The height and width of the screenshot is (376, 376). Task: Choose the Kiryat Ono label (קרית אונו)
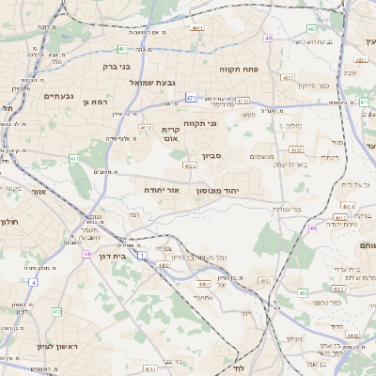point(170,133)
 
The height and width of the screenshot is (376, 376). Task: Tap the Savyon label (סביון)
point(211,157)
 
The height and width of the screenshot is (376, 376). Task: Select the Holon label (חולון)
point(9,222)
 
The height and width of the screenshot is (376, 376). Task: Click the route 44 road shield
point(86,254)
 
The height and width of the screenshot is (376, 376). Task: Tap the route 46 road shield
point(312,227)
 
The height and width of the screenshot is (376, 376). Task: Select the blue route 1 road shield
point(143,255)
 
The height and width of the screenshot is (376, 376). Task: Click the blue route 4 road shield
point(32,281)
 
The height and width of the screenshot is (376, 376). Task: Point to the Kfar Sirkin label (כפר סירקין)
point(313,86)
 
